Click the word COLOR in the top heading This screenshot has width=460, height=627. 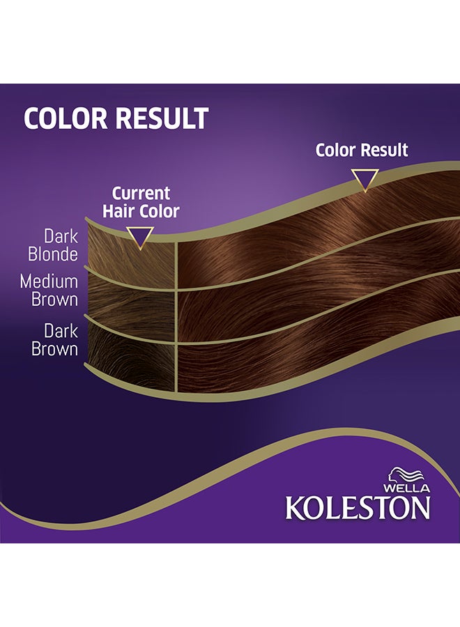[x=66, y=118]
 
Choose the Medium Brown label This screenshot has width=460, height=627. [x=49, y=291]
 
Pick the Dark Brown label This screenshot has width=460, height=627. [x=55, y=339]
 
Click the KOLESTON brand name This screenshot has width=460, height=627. [x=358, y=508]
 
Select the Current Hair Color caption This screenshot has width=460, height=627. [x=141, y=201]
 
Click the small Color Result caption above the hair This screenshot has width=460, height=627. [x=362, y=150]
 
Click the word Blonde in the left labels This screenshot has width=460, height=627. [x=53, y=255]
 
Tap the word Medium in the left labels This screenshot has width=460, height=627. [x=49, y=281]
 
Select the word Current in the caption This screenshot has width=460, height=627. [x=141, y=192]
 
